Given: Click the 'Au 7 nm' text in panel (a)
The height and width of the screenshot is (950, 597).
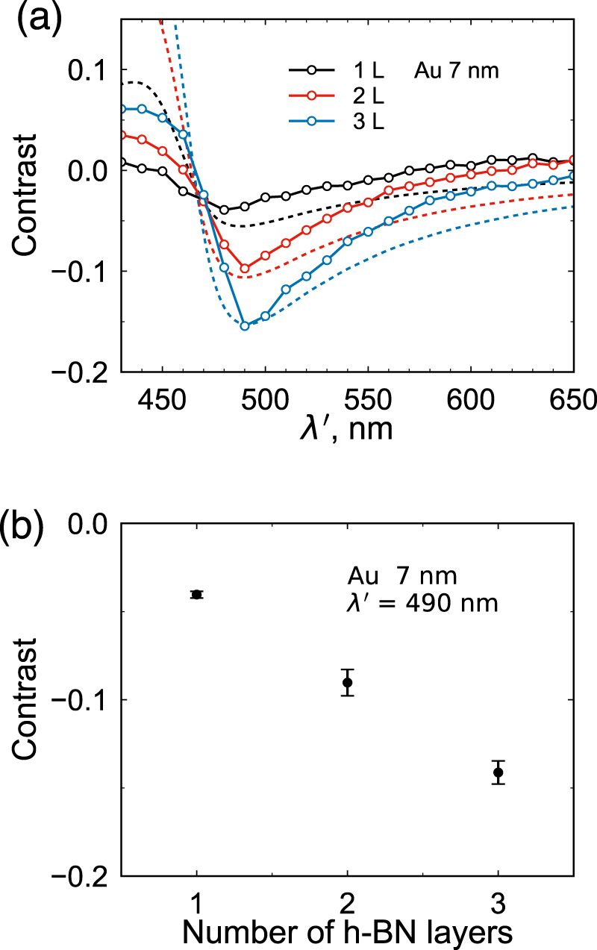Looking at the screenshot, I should [456, 72].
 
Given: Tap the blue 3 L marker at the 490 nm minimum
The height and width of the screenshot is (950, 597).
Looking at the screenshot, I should [245, 325].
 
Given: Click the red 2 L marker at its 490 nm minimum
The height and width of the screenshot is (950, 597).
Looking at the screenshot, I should [245, 268].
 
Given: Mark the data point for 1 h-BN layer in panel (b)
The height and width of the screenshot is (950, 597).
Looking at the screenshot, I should [197, 594].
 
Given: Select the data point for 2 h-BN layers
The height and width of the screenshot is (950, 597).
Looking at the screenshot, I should [347, 682].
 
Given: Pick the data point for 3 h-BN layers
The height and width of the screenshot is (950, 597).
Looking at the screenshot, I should [498, 772].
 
